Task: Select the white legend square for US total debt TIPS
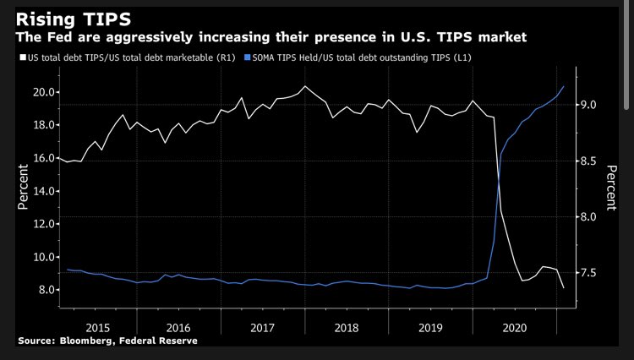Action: tap(21, 57)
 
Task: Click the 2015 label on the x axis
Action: tap(97, 326)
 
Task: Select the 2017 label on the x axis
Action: tap(263, 326)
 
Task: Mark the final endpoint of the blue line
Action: tap(564, 87)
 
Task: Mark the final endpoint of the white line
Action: tap(564, 288)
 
